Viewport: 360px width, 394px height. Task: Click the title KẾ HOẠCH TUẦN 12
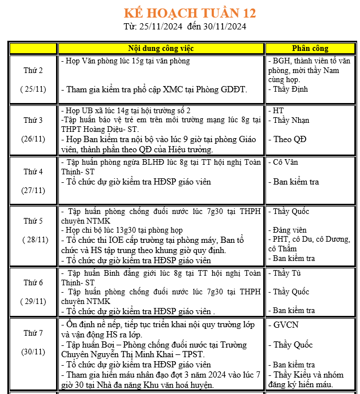190,12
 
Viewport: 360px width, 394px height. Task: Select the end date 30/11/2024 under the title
224,26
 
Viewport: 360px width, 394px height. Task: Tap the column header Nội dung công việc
161,48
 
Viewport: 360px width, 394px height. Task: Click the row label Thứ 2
33,71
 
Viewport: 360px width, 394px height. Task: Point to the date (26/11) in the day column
33,139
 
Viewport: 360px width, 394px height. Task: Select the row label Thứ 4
33,172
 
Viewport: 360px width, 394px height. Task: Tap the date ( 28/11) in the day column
33,239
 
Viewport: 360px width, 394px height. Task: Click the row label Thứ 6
33,282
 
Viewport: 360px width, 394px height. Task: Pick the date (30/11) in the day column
33,352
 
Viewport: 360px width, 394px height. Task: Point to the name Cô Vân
286,162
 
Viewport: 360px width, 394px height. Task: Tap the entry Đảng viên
290,230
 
